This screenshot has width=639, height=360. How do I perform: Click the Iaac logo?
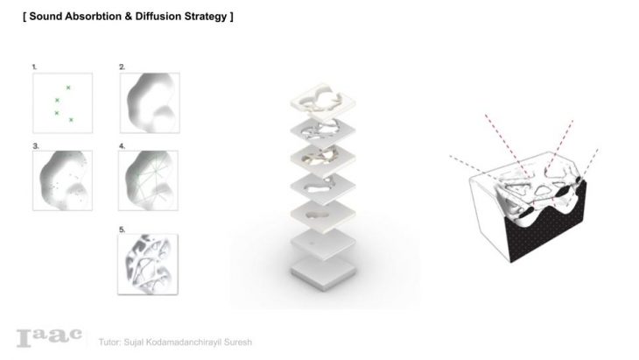(x=49, y=337)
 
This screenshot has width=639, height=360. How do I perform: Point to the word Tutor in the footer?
(x=109, y=342)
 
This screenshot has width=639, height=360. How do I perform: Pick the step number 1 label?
(x=34, y=67)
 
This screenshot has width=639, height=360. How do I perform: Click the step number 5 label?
(x=122, y=230)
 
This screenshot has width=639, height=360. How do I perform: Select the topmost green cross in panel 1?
(x=68, y=88)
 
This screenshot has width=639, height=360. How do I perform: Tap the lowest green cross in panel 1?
(x=71, y=120)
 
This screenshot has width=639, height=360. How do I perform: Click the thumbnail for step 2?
(x=150, y=102)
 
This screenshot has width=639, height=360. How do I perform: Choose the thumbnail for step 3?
(x=62, y=180)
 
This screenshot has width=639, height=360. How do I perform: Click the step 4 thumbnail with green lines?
(x=148, y=180)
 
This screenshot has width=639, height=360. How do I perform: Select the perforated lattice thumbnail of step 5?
(x=148, y=265)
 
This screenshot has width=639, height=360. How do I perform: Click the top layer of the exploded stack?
(x=323, y=101)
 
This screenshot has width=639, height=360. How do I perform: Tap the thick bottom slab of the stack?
(x=324, y=273)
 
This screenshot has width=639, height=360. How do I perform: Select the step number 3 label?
(x=36, y=146)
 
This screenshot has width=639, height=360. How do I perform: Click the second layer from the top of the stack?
(x=323, y=131)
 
